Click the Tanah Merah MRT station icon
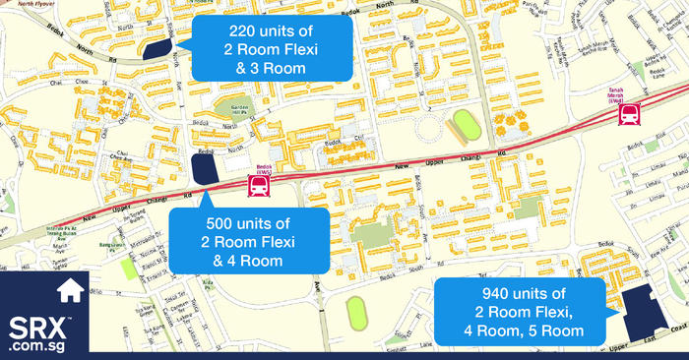click(x=625, y=116)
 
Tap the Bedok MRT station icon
click(x=258, y=187)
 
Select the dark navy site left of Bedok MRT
click(x=204, y=169)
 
